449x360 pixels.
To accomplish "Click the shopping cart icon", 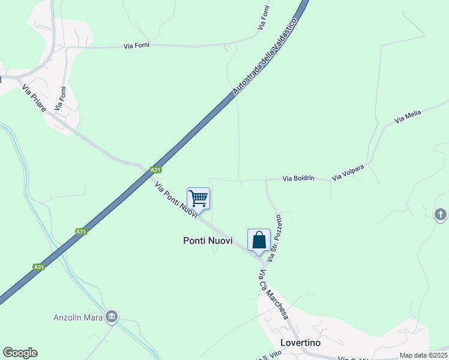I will tap(198, 197).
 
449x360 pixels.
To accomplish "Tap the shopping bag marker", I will tap(259, 240).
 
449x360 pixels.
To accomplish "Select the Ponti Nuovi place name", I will tap(208, 240).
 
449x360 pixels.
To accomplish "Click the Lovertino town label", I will tap(300, 343).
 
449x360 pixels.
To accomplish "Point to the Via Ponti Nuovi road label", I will tap(176, 200).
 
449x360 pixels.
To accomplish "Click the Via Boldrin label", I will tap(298, 178).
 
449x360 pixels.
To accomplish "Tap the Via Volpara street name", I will tap(348, 171).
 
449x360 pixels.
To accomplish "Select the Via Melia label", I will tap(409, 116).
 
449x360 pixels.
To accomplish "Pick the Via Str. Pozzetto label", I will tap(274, 238).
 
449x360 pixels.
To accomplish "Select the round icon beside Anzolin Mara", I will tap(112, 316).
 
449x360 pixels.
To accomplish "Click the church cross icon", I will tap(441, 214).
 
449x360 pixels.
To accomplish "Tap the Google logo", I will tap(20, 353).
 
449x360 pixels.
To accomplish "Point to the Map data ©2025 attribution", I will tap(423, 355).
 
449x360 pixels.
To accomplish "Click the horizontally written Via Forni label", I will tap(136, 45).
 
